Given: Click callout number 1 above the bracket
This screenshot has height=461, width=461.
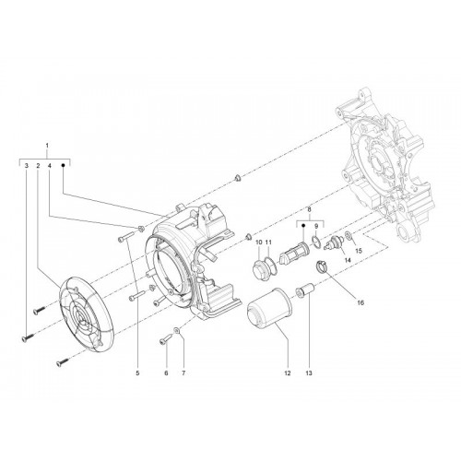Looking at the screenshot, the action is click(x=47, y=145).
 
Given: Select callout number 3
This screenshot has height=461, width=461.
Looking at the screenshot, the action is click(x=27, y=166).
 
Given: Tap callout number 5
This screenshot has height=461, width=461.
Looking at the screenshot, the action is click(x=137, y=373).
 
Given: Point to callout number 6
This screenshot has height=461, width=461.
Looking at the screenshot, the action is click(x=166, y=373).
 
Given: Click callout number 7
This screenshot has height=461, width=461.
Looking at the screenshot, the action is click(x=183, y=373).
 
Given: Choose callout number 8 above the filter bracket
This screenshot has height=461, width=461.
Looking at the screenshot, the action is click(x=310, y=209).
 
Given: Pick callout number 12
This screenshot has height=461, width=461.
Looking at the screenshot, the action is click(x=288, y=373).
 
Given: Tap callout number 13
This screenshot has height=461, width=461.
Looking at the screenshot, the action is click(x=309, y=373).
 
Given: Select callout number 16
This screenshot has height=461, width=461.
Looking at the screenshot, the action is click(x=361, y=302).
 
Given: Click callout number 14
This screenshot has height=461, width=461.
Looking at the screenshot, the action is click(x=348, y=260).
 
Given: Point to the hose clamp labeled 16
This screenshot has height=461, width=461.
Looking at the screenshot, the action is click(x=322, y=266).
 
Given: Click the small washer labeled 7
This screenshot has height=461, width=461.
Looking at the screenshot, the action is click(x=177, y=331).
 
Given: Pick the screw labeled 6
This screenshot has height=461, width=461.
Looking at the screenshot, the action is click(x=165, y=339).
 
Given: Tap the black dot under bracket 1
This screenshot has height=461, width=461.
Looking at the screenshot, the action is click(x=64, y=165).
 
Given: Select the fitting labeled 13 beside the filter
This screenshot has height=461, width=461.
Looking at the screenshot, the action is click(x=304, y=290).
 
